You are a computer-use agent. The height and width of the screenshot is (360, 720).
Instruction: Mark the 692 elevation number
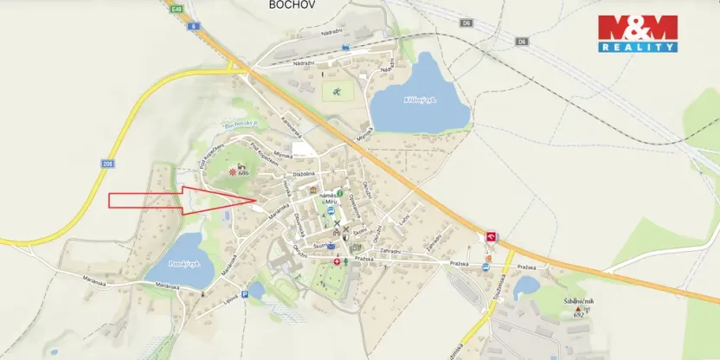(x=579, y=315)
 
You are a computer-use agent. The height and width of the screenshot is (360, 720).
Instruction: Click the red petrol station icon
(x=492, y=236)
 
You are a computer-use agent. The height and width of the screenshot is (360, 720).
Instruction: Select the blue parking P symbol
(x=245, y=295)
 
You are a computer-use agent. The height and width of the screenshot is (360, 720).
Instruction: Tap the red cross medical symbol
(x=337, y=260)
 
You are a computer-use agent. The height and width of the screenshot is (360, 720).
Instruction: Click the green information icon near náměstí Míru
(x=340, y=193)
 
